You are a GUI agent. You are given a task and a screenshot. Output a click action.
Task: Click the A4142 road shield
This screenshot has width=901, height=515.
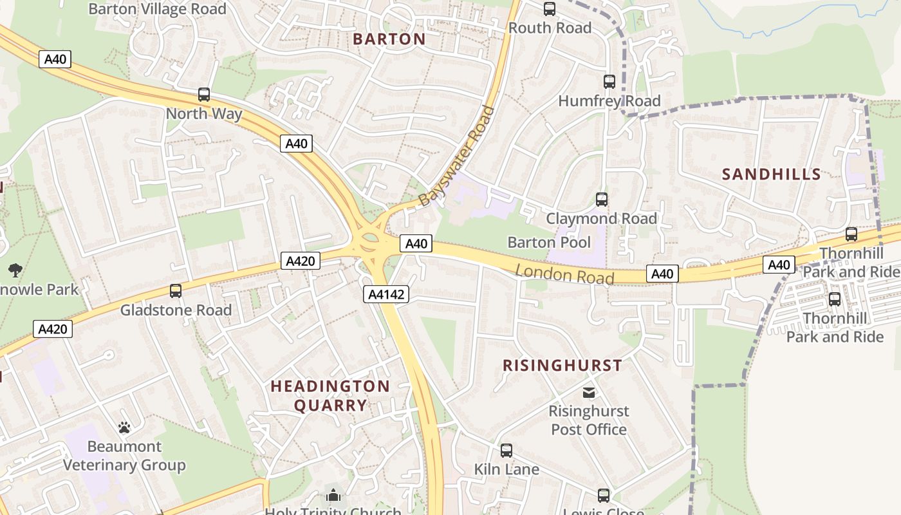386,294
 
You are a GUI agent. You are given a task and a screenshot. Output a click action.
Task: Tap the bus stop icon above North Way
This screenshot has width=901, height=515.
204,95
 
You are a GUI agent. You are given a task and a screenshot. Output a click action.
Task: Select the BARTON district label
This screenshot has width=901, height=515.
389,39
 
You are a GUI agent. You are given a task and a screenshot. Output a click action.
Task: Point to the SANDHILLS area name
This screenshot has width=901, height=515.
771,174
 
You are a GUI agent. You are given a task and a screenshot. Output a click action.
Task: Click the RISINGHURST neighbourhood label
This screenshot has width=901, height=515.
562,366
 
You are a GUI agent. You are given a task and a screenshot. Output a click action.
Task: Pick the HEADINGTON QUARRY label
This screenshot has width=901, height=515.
330,395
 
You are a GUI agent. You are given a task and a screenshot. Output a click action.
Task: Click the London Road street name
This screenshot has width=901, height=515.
564,274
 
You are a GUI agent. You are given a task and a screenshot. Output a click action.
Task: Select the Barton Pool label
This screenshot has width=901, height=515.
549,242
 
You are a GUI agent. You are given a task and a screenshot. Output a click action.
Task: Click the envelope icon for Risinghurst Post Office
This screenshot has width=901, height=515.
589,392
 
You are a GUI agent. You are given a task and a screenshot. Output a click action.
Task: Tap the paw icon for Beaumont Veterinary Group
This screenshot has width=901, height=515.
124,427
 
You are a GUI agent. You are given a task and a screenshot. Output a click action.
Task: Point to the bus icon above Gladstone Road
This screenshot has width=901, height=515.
176,290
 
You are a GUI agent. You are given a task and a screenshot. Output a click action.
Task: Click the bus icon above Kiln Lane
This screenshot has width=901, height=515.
506,450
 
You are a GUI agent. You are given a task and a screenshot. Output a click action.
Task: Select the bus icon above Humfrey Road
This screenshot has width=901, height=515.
609,82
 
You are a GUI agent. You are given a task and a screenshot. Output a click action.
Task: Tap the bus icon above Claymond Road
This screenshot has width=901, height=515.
602,200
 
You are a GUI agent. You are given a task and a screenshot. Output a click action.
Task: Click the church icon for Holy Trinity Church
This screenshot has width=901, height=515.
333,495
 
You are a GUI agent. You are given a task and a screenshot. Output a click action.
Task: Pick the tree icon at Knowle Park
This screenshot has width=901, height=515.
15,270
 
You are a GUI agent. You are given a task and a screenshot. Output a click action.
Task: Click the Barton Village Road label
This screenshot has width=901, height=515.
157,9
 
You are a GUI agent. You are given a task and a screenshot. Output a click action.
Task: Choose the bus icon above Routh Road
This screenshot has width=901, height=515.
549,9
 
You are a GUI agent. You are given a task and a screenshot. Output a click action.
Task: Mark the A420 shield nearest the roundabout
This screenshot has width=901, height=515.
300,261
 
